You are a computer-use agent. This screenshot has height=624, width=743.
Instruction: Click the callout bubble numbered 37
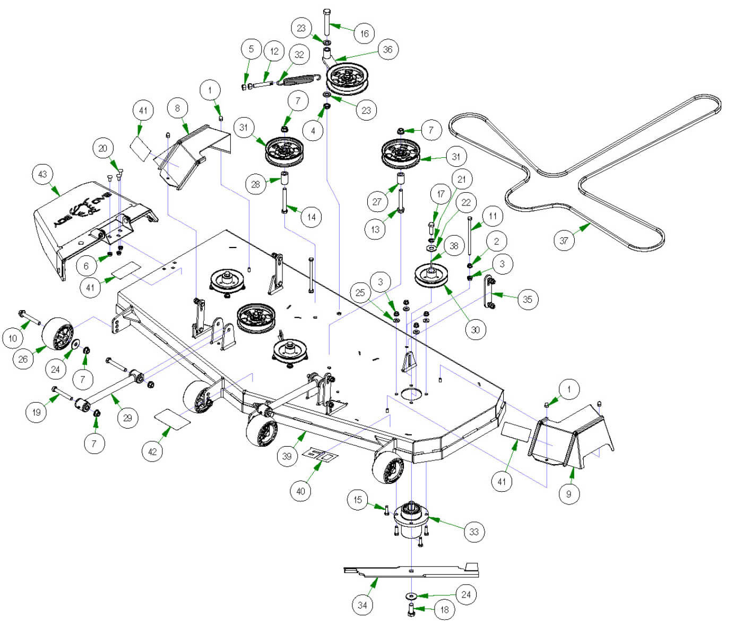pyautogui.click(x=564, y=241)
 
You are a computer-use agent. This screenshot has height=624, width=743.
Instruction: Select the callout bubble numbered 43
pyautogui.click(x=42, y=174)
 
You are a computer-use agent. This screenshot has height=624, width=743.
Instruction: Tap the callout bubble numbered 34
pyautogui.click(x=362, y=604)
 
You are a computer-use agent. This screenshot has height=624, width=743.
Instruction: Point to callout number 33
pyautogui.click(x=474, y=531)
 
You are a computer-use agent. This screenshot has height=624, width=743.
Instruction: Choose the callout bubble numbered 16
pyautogui.click(x=365, y=33)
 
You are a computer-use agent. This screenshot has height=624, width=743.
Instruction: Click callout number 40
pyautogui.click(x=300, y=491)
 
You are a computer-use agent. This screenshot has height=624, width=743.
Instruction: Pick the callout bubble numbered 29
pyautogui.click(x=127, y=417)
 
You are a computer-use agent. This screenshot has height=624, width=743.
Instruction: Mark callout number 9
pyautogui.click(x=568, y=494)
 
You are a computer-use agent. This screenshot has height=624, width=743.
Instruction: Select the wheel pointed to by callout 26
pyautogui.click(x=57, y=334)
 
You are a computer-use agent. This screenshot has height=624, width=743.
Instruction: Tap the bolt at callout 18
pyautogui.click(x=411, y=609)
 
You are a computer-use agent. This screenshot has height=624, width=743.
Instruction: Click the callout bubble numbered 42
pyautogui.click(x=152, y=451)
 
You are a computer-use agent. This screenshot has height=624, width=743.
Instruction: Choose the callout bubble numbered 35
pyautogui.click(x=527, y=299)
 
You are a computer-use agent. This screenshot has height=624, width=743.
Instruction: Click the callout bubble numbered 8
pyautogui.click(x=177, y=108)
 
